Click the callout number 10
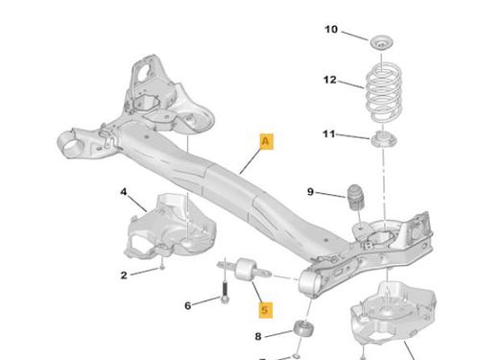331,30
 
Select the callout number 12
330,80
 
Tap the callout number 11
329,133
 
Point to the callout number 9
310,192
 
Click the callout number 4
124,192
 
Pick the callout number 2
124,276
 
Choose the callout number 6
188,306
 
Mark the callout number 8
258,336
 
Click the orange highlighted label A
266,141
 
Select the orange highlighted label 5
265,310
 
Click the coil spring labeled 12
383,93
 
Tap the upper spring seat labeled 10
381,42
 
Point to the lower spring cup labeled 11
383,139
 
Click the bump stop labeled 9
355,198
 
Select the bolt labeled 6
225,291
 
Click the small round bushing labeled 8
303,328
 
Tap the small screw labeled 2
162,266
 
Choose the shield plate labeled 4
170,226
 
